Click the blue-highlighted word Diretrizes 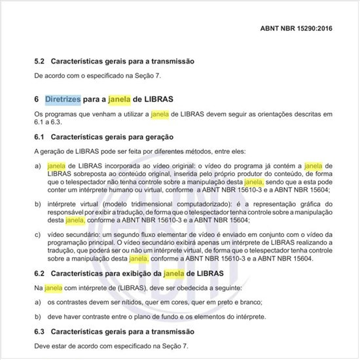pos(63,100)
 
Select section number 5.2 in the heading pos(39,61)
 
